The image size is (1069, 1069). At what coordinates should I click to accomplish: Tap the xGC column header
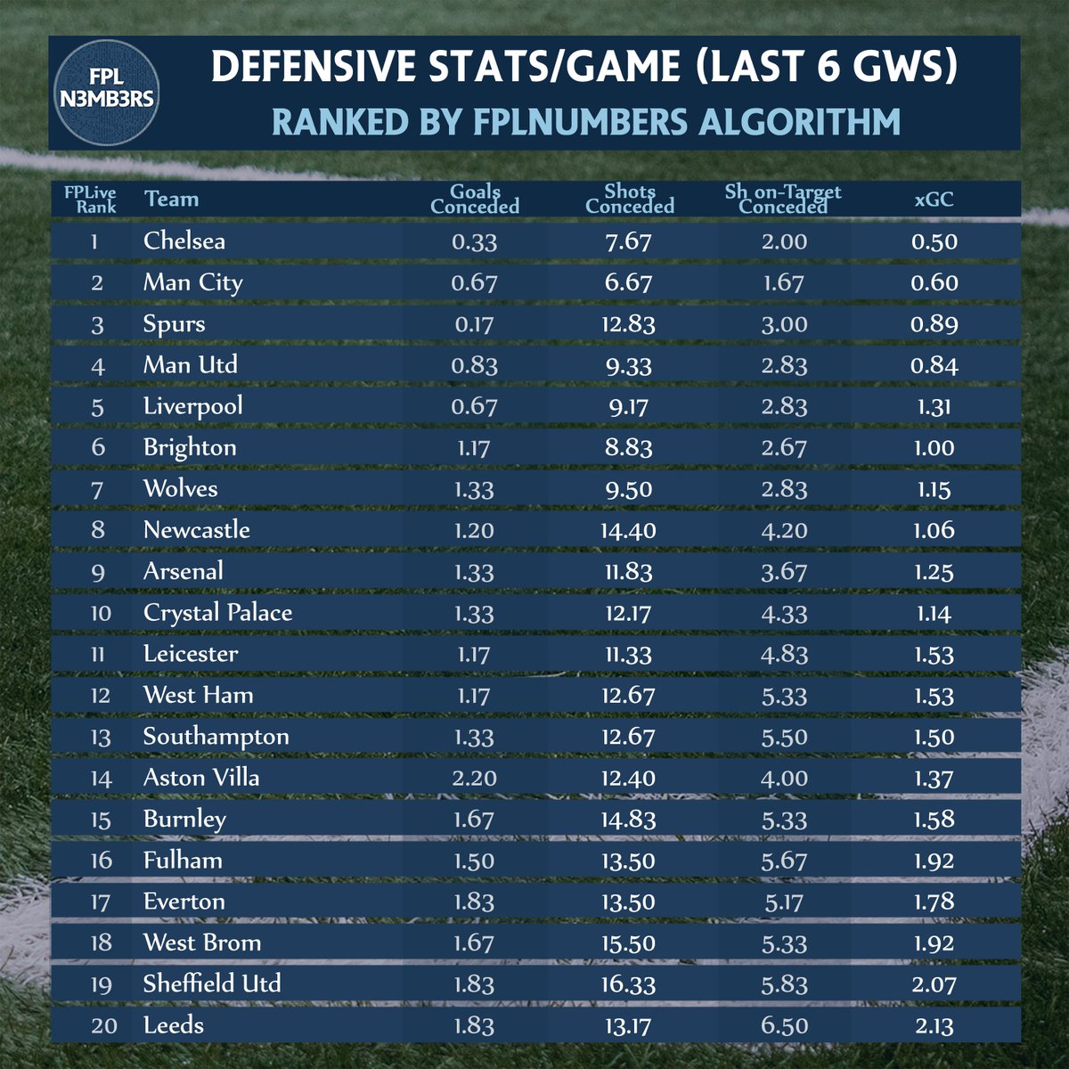(934, 199)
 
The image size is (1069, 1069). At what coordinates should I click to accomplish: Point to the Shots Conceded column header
(629, 199)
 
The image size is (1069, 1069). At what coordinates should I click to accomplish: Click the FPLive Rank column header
(90, 199)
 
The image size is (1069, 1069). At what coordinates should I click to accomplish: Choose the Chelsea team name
(184, 241)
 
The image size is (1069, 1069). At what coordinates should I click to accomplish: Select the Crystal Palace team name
(217, 612)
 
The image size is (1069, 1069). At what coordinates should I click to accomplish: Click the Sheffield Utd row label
(212, 983)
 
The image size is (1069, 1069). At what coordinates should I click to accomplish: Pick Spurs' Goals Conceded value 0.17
(474, 323)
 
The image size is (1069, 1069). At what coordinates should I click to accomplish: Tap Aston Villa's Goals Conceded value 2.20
(474, 778)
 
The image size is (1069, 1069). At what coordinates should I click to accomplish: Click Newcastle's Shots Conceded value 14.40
(629, 530)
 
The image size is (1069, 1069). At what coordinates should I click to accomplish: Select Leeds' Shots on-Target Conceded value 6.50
(784, 1025)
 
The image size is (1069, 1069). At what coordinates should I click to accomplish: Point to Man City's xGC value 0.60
(934, 282)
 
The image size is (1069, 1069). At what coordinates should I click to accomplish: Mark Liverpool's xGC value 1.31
(934, 406)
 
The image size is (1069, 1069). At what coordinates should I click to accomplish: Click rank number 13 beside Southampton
(101, 737)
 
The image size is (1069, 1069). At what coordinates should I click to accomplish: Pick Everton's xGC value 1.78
(934, 902)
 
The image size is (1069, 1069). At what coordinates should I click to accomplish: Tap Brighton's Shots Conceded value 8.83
(629, 447)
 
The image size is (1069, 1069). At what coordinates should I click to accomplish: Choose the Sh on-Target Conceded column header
(784, 199)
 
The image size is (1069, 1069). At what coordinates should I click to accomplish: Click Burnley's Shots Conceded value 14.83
(629, 819)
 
